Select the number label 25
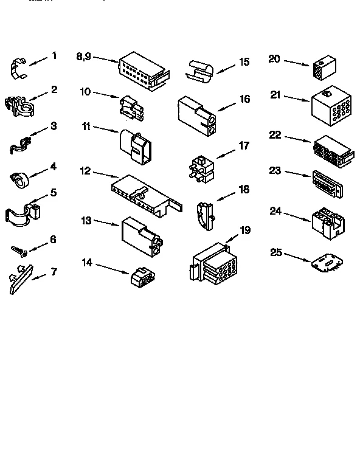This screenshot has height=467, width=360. pos(275,252)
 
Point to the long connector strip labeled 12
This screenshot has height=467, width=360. pos(145,193)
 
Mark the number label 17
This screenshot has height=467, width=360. pos(243,145)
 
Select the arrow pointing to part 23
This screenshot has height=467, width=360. pos(298,174)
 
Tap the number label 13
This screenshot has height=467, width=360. pos(87,220)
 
